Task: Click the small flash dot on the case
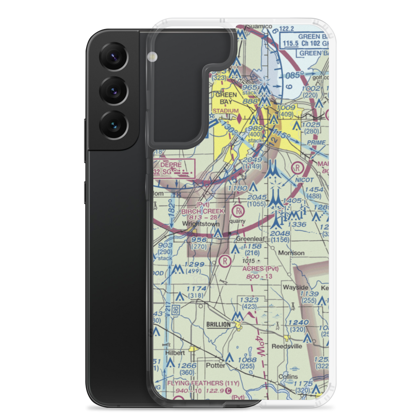[152, 56]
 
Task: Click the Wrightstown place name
[200, 224]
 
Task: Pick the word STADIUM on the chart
[223, 111]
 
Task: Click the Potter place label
[215, 365]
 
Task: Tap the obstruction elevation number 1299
[194, 265]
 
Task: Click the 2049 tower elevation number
[252, 160]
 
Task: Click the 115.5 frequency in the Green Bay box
[293, 44]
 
